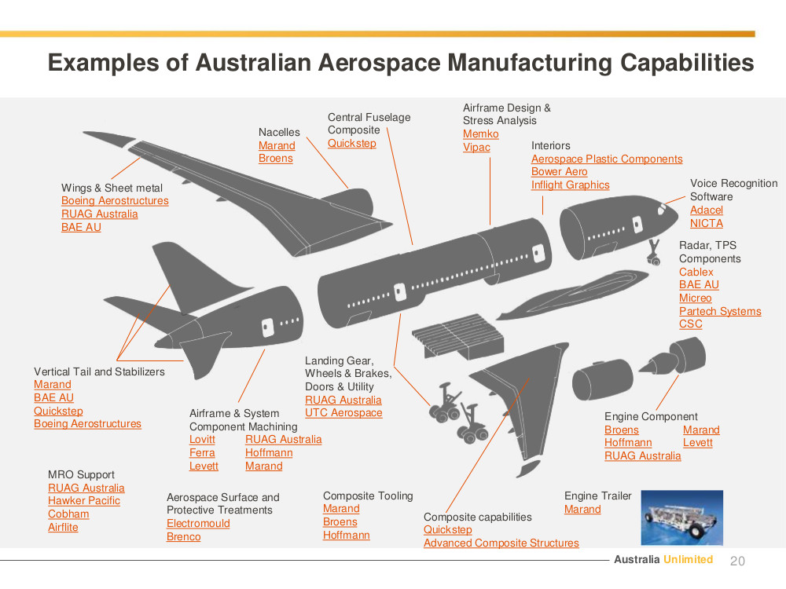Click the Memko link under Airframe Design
[481, 134]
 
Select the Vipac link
[476, 148]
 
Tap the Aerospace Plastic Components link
[607, 159]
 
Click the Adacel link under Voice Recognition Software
[707, 210]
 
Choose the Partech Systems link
[720, 311]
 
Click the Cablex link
[696, 272]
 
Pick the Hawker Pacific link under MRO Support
[84, 501]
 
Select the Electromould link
[198, 523]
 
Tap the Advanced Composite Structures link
[501, 543]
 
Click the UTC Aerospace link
[343, 413]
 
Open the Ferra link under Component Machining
[202, 453]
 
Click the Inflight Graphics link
[570, 185]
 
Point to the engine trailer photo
[681, 518]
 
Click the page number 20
[737, 561]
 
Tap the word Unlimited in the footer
[689, 559]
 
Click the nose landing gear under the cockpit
[654, 252]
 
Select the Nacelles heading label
[279, 132]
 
